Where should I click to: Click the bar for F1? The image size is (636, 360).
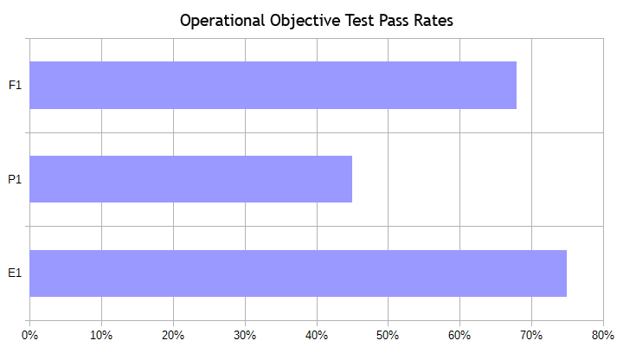pos(273,86)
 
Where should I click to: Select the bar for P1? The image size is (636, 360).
pos(190,179)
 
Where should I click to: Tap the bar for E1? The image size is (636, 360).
pos(298,273)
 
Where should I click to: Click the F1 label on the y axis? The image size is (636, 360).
pos(14,86)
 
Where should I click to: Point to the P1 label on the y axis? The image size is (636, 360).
pos(14,179)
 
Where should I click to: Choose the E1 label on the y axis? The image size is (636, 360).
pos(14,273)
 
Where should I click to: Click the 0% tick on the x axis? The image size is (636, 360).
pos(29,335)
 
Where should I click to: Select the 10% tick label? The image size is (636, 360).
pos(101,335)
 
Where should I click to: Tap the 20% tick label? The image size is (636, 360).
pos(173,335)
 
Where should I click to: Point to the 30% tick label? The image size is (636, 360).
pos(245,335)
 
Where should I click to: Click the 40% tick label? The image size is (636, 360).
pos(317,335)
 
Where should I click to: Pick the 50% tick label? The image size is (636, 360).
pos(388,335)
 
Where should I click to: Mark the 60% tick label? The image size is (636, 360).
pos(459,335)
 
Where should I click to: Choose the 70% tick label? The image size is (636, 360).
pos(531,335)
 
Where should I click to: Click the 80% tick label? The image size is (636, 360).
pos(603,335)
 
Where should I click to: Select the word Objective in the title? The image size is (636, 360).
pos(299,21)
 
